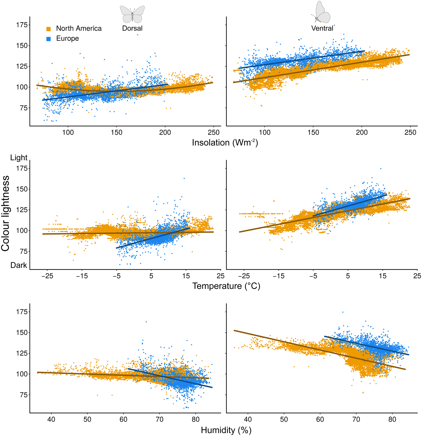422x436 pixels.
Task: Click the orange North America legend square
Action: pyautogui.click(x=48, y=29)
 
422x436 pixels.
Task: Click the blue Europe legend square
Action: pyautogui.click(x=48, y=39)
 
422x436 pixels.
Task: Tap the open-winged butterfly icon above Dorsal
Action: pyautogui.click(x=132, y=15)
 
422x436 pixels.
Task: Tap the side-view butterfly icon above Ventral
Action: pyautogui.click(x=321, y=12)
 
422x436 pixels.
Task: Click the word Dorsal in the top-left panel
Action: pyautogui.click(x=132, y=28)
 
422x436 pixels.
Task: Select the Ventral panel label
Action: pyautogui.click(x=322, y=28)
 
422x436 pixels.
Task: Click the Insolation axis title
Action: pyautogui.click(x=225, y=143)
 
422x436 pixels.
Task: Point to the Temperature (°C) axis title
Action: pyautogui.click(x=226, y=286)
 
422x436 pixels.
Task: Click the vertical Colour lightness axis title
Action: pyautogui.click(x=6, y=213)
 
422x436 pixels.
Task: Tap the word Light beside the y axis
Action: pyautogui.click(x=19, y=158)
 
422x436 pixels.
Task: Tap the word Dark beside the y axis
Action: pyautogui.click(x=19, y=265)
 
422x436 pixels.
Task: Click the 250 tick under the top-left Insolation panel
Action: pyautogui.click(x=214, y=132)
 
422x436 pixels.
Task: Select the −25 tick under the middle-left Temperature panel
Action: pyautogui.click(x=47, y=276)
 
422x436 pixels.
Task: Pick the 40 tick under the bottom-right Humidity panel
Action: pyautogui.click(x=248, y=420)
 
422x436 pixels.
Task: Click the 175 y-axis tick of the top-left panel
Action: pyautogui.click(x=22, y=25)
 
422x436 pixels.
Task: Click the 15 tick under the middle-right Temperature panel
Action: pyautogui.click(x=383, y=276)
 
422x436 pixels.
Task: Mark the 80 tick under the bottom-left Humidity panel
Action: pyautogui.click(x=196, y=420)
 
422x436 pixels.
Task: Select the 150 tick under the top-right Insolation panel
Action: pyautogui.click(x=313, y=132)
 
